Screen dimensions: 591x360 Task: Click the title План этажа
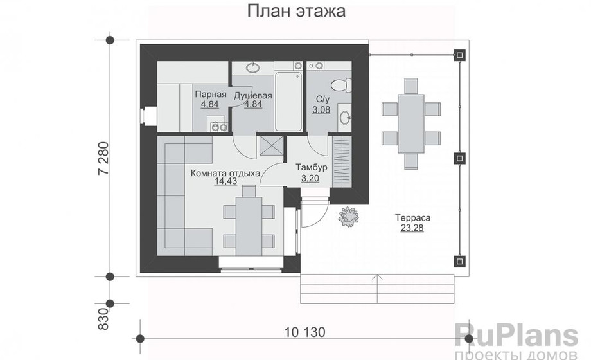296,12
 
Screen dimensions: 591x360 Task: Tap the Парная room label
211,94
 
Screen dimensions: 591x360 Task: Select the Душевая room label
253,95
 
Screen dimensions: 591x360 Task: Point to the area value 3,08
321,110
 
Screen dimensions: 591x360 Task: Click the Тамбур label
312,166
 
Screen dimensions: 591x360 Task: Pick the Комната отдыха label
225,173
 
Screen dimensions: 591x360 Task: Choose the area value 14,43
225,181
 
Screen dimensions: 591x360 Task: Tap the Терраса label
412,218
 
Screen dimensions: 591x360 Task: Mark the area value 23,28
412,228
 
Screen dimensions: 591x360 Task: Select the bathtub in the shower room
288,101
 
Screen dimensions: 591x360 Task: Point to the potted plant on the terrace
349,217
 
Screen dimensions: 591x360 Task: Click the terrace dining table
411,123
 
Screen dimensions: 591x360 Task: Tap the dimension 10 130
304,332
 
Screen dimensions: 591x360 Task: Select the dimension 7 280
103,158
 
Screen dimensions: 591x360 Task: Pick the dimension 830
103,319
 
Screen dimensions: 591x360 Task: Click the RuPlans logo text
516,335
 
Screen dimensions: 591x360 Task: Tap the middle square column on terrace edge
459,157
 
